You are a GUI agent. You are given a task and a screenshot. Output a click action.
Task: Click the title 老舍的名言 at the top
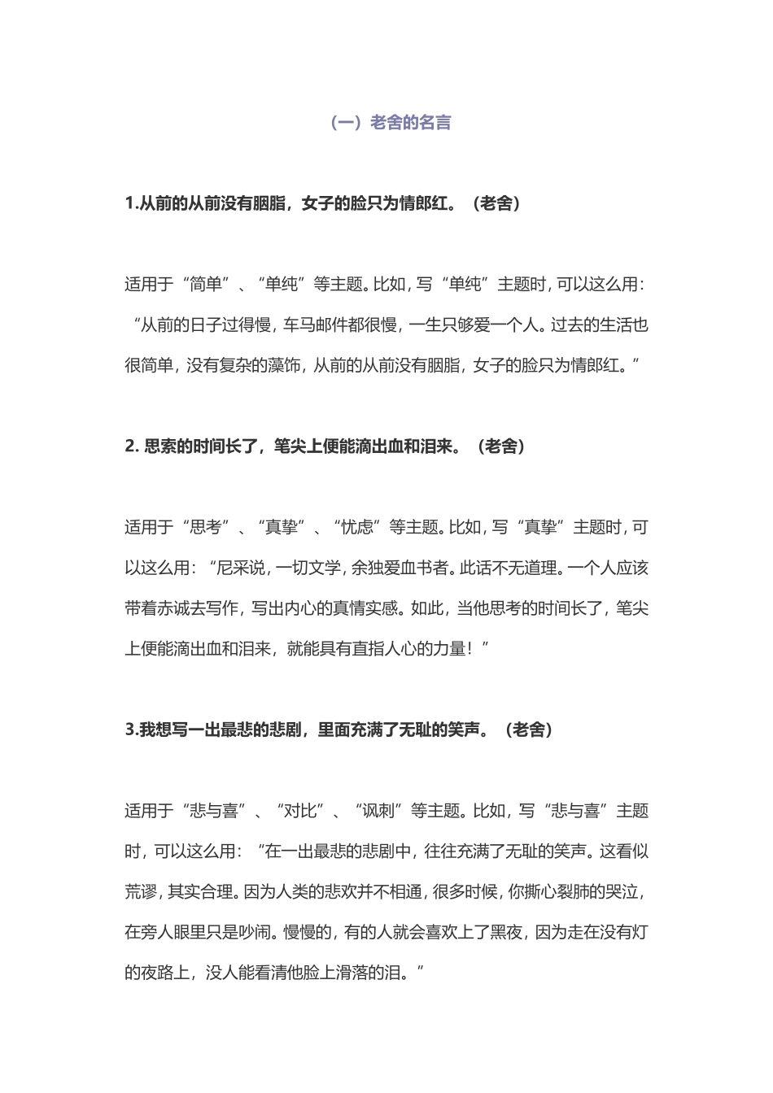pyautogui.click(x=411, y=123)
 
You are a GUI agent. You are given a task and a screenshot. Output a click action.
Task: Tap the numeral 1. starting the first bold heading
pyautogui.click(x=132, y=203)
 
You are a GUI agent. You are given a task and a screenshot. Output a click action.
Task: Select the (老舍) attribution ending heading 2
pyautogui.click(x=501, y=446)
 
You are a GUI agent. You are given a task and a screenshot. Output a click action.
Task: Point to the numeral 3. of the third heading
pyautogui.click(x=132, y=729)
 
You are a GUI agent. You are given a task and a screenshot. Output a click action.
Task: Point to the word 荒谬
pyautogui.click(x=142, y=892)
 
